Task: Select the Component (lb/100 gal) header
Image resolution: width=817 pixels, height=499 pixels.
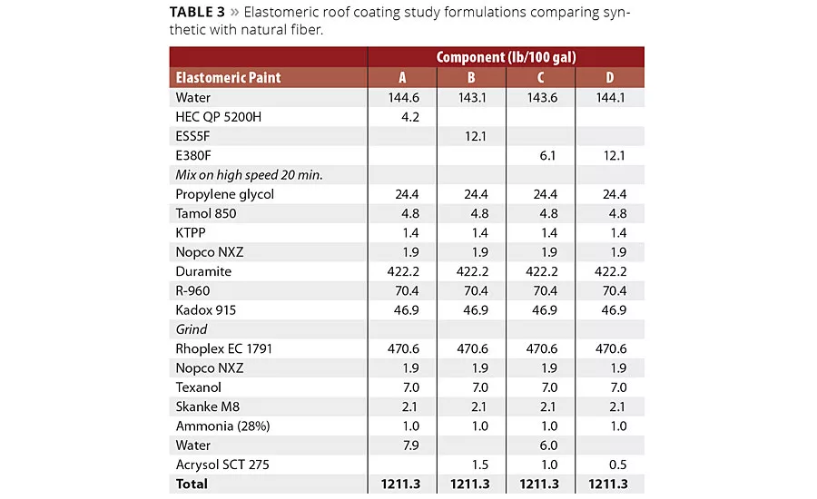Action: click(x=506, y=57)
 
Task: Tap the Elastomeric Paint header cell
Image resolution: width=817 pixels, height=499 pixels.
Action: click(x=228, y=78)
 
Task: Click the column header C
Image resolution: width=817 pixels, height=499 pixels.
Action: click(x=540, y=78)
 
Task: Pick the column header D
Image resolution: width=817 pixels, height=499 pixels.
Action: click(x=609, y=78)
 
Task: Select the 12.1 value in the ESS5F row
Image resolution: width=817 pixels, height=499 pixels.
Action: click(x=471, y=136)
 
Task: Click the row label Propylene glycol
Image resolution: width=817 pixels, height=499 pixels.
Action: click(x=224, y=194)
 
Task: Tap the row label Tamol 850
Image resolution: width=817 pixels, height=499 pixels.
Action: click(x=206, y=214)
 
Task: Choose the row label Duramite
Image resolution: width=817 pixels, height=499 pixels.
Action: click(x=203, y=271)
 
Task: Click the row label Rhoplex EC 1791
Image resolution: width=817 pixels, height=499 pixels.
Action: click(x=223, y=348)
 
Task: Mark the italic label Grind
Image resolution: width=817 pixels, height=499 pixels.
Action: click(x=192, y=329)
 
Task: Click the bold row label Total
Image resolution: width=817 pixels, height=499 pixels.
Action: click(x=192, y=484)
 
